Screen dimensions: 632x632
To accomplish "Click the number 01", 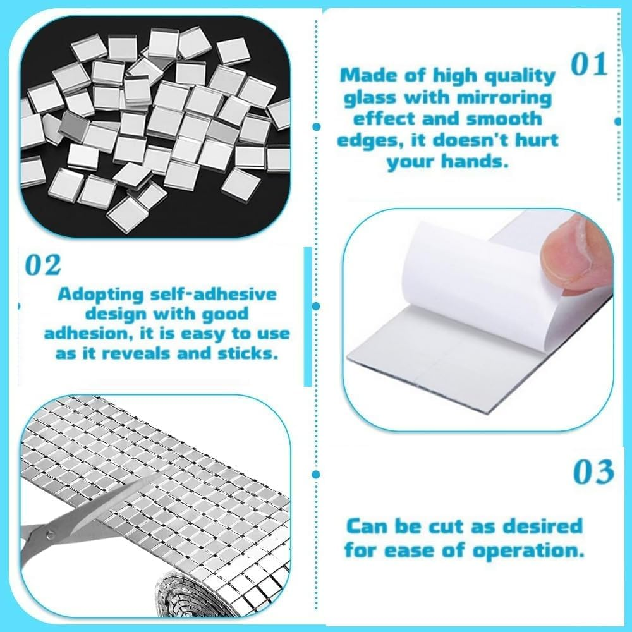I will (x=588, y=66).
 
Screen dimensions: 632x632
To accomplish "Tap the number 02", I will (x=44, y=265).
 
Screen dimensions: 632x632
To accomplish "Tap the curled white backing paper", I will (x=442, y=278).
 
